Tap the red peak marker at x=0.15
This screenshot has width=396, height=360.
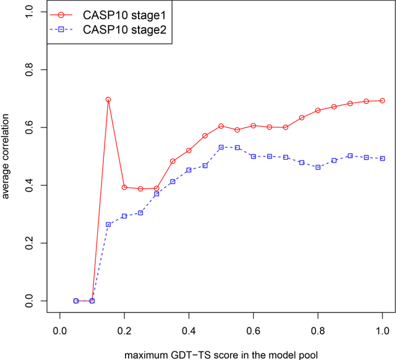tap(108, 100)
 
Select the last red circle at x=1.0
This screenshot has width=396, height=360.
tap(382, 101)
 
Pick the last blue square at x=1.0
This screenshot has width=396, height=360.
tap(382, 158)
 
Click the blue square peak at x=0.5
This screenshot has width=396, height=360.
tap(221, 147)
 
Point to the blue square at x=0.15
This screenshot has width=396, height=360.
tap(108, 225)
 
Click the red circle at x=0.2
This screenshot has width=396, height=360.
tap(124, 187)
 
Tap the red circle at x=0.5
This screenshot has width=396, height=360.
tap(221, 126)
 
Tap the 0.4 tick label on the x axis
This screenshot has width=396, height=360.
tap(189, 332)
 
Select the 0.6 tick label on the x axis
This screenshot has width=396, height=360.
tap(253, 332)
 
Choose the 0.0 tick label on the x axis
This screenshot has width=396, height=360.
tap(60, 332)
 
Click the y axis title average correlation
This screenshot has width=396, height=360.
tap(7, 157)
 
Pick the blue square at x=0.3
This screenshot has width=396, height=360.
tap(157, 194)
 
